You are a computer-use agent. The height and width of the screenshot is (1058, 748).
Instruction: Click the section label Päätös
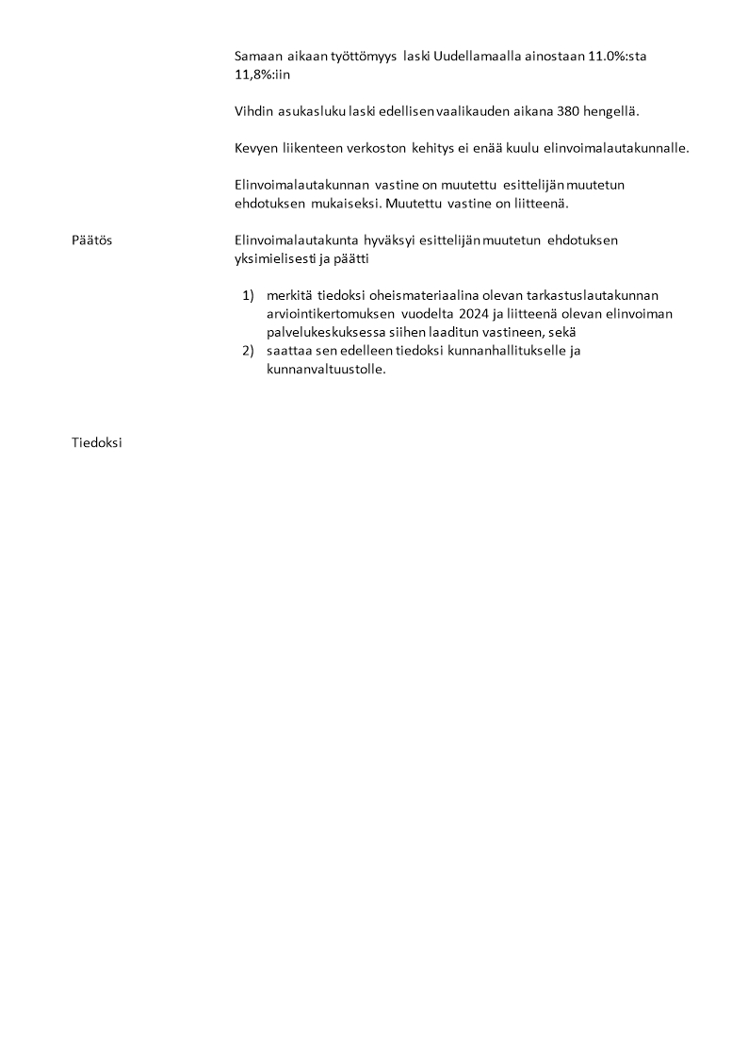pos(91,240)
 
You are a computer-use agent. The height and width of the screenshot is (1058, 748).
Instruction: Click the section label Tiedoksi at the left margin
pos(97,442)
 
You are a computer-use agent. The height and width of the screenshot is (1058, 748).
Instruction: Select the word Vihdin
pos(253,111)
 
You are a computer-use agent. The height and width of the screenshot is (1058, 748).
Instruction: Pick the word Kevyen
pos(256,148)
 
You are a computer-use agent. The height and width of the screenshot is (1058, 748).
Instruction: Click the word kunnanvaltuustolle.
pos(326,369)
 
